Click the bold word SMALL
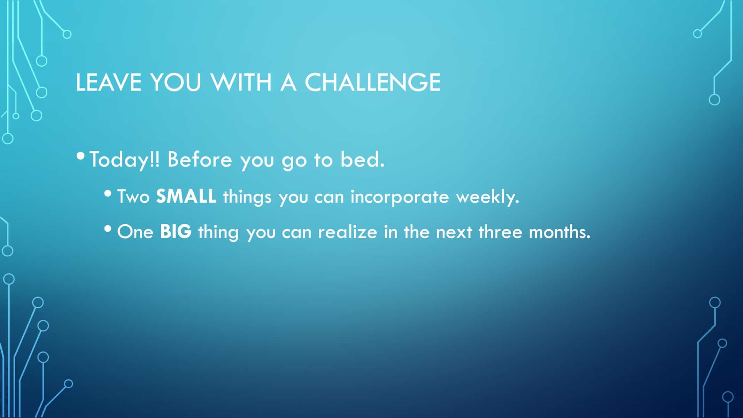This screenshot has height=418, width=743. coord(186,196)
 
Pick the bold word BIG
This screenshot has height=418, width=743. coord(176,232)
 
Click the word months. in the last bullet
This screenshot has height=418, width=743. coord(559,231)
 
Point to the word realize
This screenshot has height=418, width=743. coord(347,231)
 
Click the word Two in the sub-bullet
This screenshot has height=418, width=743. coord(133,196)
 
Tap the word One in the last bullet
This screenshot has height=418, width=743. coord(135,232)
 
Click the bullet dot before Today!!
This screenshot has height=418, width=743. coord(81,154)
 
